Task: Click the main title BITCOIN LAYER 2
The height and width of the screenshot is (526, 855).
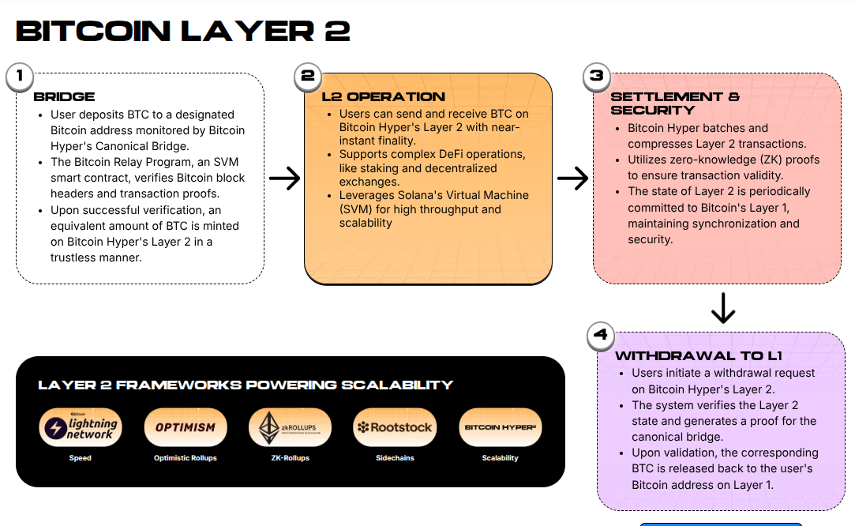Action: click(x=183, y=31)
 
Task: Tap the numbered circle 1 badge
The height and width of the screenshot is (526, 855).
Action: click(x=19, y=77)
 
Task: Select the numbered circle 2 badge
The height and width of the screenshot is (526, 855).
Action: click(x=308, y=77)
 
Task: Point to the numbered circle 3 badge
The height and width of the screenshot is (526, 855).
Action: click(x=597, y=77)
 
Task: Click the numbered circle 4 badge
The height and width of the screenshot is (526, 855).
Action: click(x=601, y=335)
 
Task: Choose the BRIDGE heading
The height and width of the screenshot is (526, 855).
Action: click(x=64, y=97)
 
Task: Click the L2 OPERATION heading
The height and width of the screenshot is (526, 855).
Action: click(x=384, y=97)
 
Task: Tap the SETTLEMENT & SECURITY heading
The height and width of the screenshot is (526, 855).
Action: click(x=675, y=103)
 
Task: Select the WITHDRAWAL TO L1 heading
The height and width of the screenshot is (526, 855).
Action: click(x=699, y=356)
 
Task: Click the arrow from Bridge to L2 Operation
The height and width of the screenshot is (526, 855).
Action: click(x=284, y=179)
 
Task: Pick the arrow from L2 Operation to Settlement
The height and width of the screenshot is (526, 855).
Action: click(x=572, y=179)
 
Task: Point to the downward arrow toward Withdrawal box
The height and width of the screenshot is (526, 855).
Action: click(x=723, y=308)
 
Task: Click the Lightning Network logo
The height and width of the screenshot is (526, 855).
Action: click(x=81, y=427)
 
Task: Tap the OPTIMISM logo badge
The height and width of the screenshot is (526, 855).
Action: click(x=186, y=427)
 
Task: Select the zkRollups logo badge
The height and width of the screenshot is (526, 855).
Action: click(x=290, y=427)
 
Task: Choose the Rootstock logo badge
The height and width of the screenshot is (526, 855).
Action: click(x=395, y=427)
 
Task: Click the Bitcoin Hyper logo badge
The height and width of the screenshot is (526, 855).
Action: click(x=500, y=427)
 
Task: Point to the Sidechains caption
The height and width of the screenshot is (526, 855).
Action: click(x=395, y=458)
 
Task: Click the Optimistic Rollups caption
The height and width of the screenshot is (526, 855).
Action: click(x=186, y=458)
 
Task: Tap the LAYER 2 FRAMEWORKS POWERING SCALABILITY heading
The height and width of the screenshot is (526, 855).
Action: click(x=246, y=385)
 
